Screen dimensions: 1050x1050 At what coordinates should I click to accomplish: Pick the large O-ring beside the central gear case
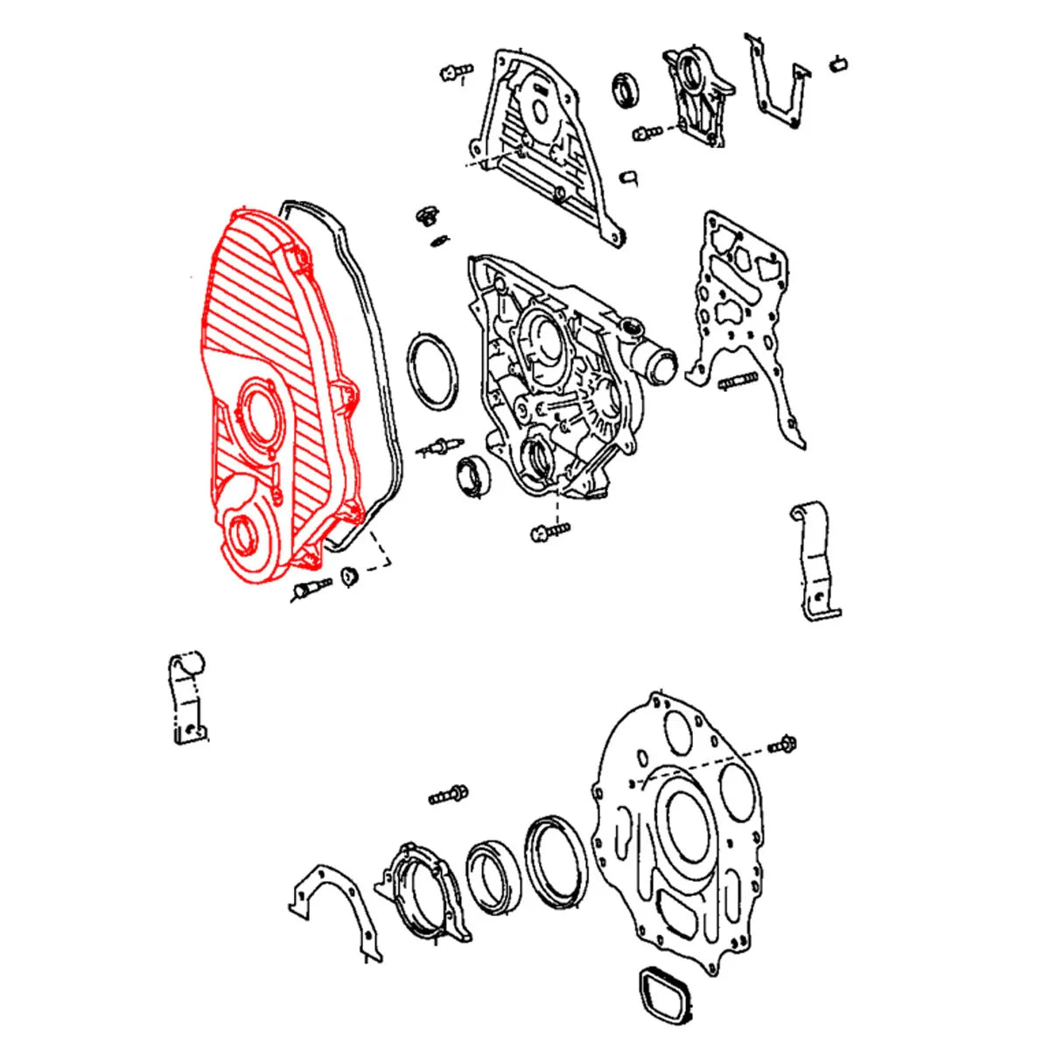coord(432,368)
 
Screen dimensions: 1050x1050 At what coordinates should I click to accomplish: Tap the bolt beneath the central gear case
coord(549,530)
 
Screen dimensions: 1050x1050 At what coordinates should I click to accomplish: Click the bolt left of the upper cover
coord(456,71)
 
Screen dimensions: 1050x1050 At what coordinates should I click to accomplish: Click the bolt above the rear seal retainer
coord(448,795)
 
